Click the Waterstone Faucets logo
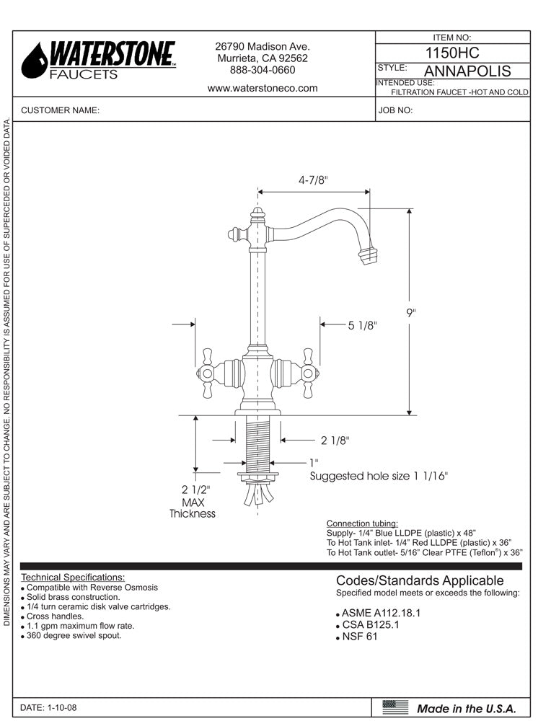click(x=98, y=60)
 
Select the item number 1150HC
click(x=452, y=53)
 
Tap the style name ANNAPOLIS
click(x=467, y=71)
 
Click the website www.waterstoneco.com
click(x=263, y=88)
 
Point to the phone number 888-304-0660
click(x=263, y=70)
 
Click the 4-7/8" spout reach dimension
click(x=314, y=181)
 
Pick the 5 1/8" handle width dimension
click(x=363, y=325)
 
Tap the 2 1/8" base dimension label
click(x=335, y=440)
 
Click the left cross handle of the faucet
click(x=207, y=372)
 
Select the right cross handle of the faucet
click(x=308, y=372)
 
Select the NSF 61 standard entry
click(x=359, y=637)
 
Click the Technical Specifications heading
click(x=73, y=578)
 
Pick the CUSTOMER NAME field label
click(x=60, y=111)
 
